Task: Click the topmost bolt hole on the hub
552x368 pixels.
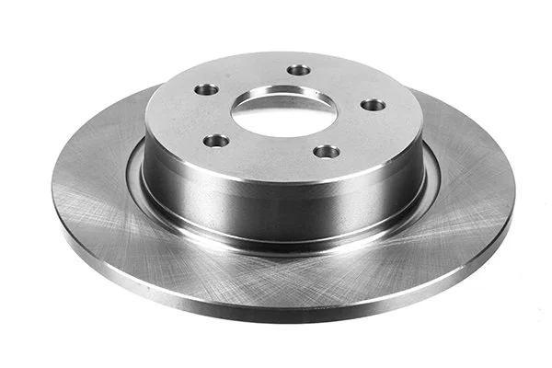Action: tap(298, 69)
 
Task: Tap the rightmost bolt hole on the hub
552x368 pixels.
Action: tap(373, 104)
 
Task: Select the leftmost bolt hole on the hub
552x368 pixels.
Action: tap(207, 90)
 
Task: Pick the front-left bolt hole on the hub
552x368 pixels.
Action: tap(216, 141)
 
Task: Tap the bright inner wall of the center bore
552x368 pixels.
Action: tap(276, 94)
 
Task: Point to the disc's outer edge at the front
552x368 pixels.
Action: tap(276, 310)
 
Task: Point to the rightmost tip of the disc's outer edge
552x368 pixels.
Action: tap(514, 189)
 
